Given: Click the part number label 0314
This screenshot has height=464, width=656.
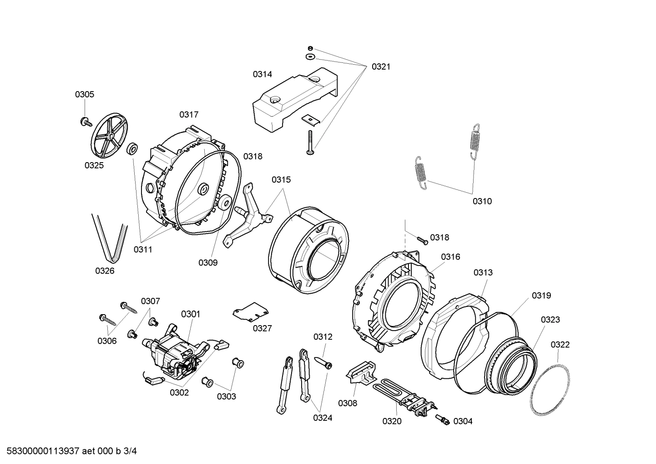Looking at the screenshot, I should [x=262, y=74].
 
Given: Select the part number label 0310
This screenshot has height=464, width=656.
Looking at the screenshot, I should [x=482, y=201].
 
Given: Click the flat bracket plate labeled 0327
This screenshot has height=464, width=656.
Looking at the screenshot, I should [x=251, y=311].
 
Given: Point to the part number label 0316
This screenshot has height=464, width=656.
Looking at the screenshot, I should [x=450, y=257].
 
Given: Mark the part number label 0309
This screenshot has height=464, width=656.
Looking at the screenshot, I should [x=208, y=263].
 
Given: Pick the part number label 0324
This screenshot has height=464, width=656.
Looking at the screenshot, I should [x=323, y=418].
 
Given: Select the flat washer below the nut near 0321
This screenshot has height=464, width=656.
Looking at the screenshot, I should [x=310, y=56].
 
